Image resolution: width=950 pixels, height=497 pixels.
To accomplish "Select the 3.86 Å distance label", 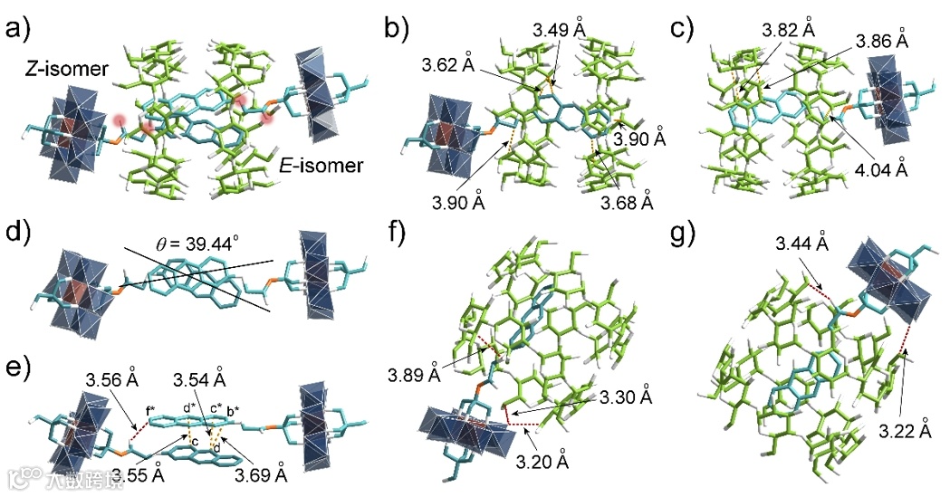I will tap(886, 41).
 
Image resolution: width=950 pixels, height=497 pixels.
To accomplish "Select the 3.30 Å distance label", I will tap(621, 397).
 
